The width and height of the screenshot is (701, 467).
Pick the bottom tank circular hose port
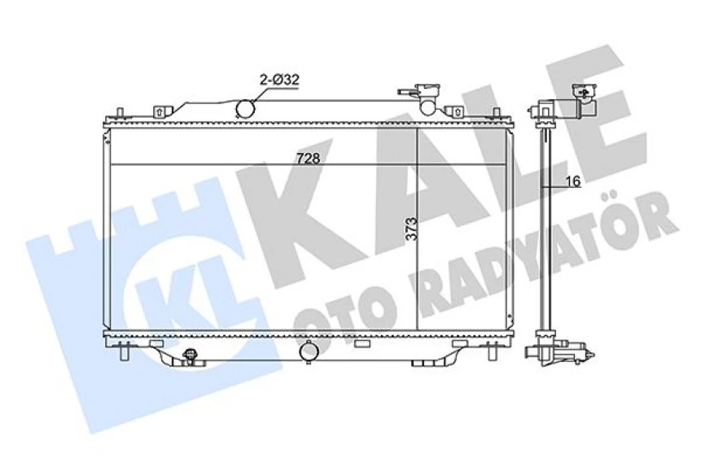click(x=309, y=351)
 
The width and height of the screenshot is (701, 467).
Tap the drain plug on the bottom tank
click(x=191, y=356)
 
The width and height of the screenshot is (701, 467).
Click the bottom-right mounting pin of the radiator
click(x=492, y=352)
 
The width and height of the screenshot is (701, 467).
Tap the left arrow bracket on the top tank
click(x=160, y=111)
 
